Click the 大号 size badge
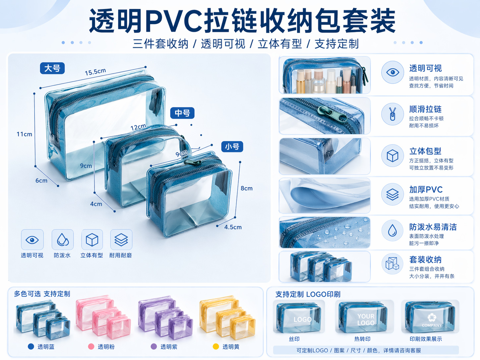pyautogui.click(x=52, y=68)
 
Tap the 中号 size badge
pyautogui.click(x=182, y=113)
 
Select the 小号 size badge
pyautogui.click(x=232, y=147)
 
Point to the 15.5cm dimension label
pyautogui.click(x=95, y=72)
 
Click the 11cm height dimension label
pyautogui.click(x=24, y=134)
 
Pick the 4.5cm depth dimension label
pyautogui.click(x=233, y=227)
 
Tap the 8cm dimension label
pyautogui.click(x=246, y=188)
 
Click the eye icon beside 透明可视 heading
pyautogui.click(x=392, y=72)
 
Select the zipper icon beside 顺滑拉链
pyautogui.click(x=392, y=114)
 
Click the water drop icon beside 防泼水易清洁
pyautogui.click(x=392, y=230)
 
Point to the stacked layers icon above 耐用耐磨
pyautogui.click(x=121, y=240)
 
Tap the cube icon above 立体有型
pyautogui.click(x=92, y=240)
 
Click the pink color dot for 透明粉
pyautogui.click(x=91, y=346)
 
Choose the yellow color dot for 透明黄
pyautogui.click(x=216, y=346)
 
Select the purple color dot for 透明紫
pyautogui.click(x=154, y=346)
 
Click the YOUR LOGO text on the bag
pyautogui.click(x=366, y=319)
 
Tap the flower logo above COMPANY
pyautogui.click(x=432, y=317)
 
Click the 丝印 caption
pyautogui.click(x=294, y=339)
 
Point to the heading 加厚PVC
pyautogui.click(x=426, y=190)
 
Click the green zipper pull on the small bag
pyautogui.click(x=193, y=162)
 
